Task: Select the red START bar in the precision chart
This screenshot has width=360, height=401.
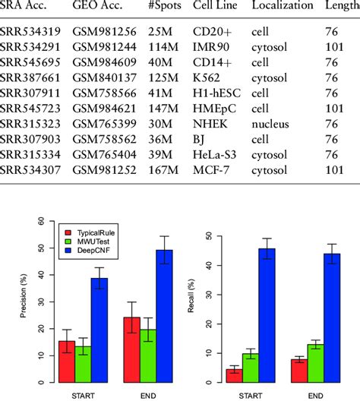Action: (67, 361)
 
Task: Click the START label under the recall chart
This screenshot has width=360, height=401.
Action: (251, 393)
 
